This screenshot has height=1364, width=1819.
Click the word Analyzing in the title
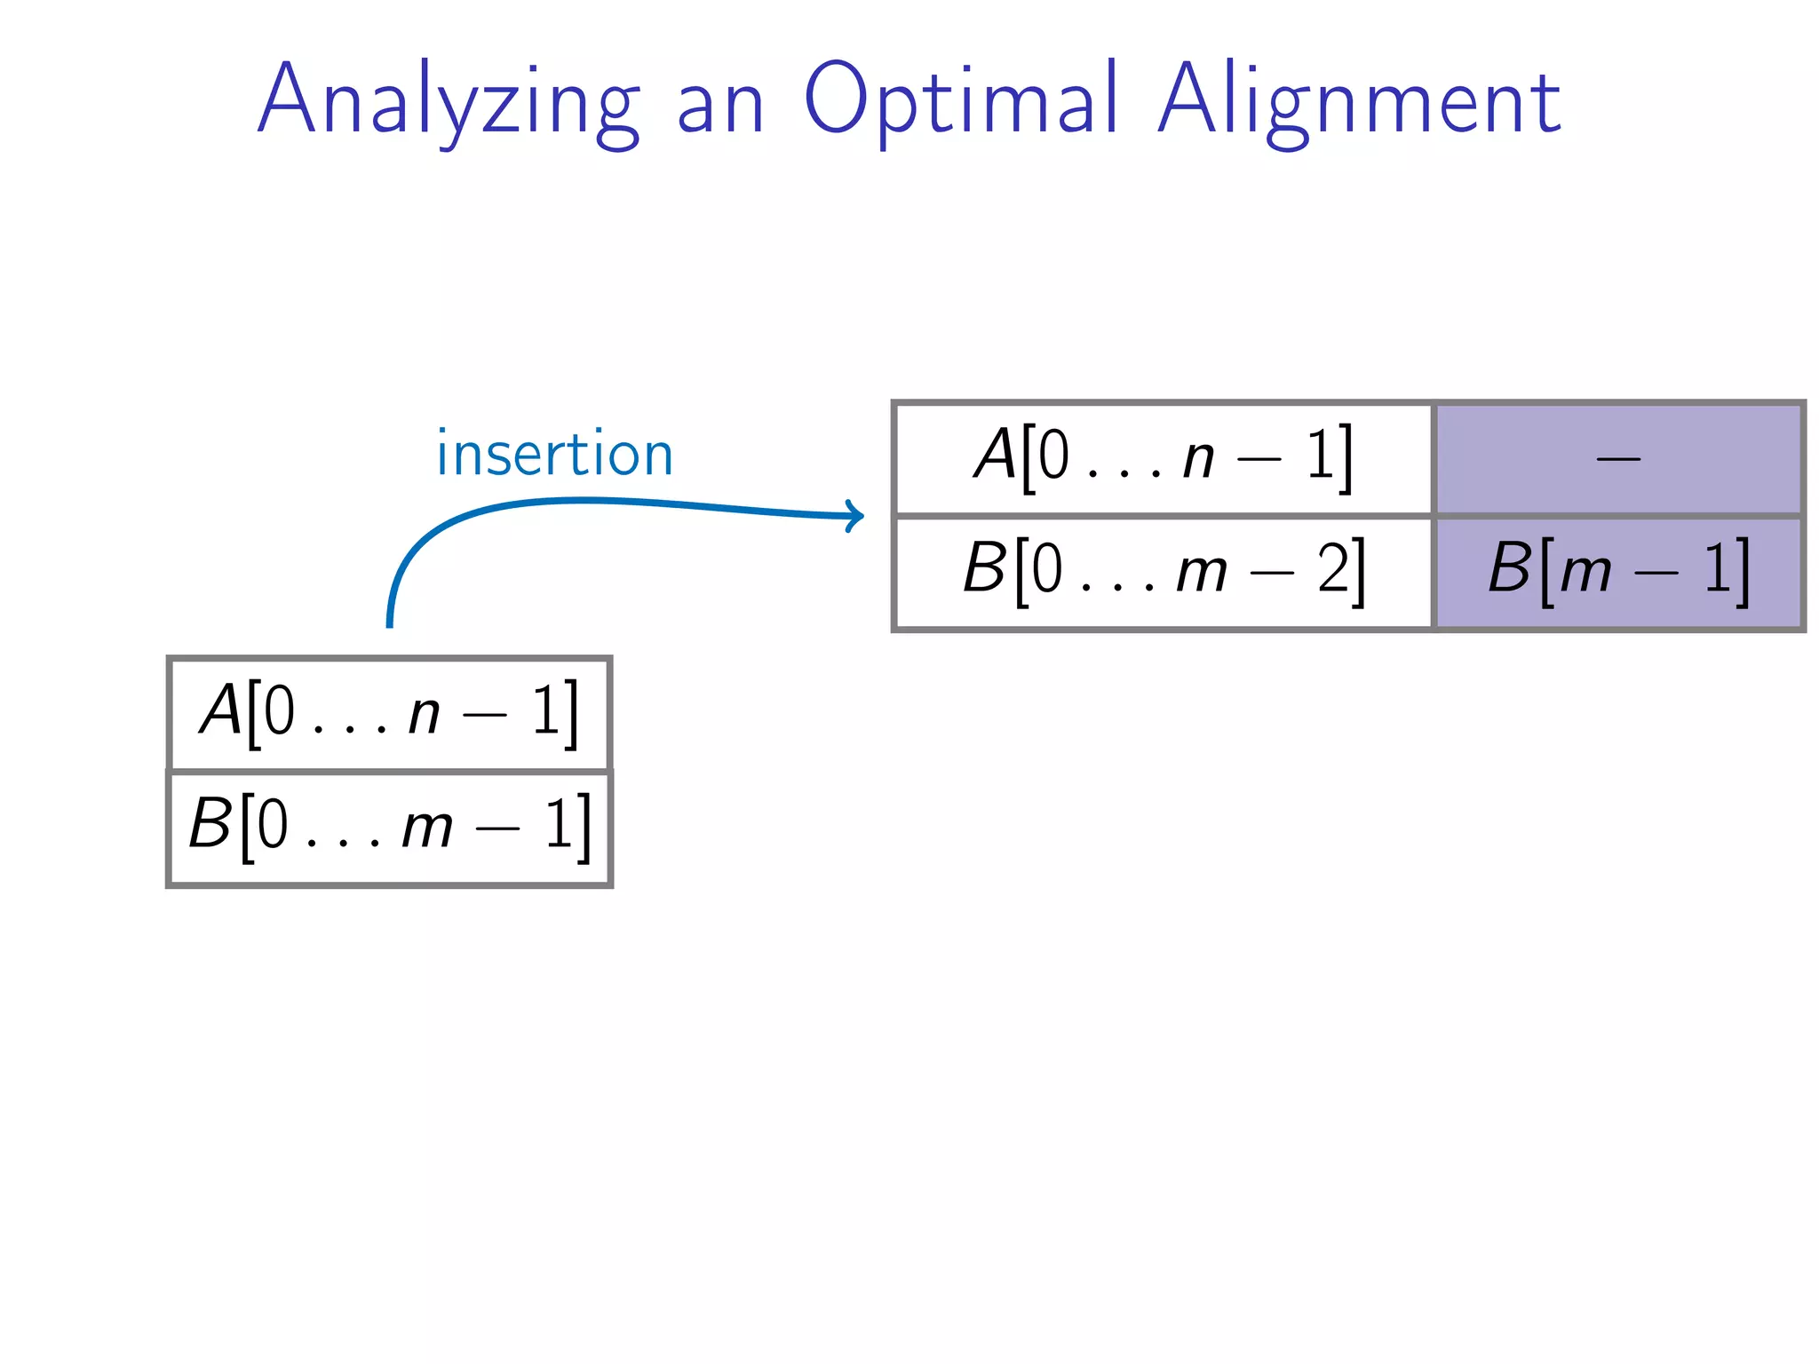449,101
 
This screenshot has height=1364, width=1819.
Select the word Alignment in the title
1359,101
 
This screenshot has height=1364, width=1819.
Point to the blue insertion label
555,454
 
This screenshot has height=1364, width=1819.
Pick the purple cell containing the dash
1618,458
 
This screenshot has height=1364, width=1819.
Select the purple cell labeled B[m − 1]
1618,572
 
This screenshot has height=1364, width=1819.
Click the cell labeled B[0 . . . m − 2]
1164,572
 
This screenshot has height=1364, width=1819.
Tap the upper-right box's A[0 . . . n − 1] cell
1164,458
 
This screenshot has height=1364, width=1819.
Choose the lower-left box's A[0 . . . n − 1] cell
389,714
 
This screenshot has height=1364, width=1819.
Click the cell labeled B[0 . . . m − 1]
389,828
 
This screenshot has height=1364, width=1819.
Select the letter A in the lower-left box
221,710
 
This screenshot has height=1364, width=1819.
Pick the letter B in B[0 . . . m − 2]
985,568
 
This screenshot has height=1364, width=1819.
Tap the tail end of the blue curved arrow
389,623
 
